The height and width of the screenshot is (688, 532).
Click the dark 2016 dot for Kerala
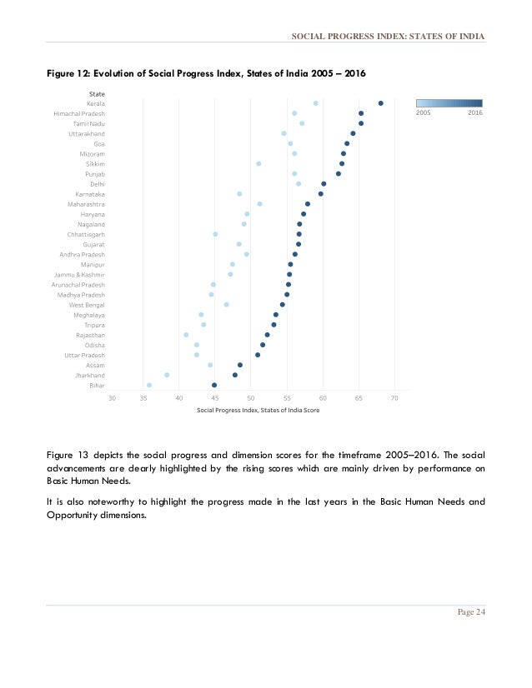click(380, 103)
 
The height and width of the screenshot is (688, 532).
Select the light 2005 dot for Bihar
click(149, 385)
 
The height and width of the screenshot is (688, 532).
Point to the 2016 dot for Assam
click(240, 365)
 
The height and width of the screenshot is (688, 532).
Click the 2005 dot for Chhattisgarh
click(215, 234)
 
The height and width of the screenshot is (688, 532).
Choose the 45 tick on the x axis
click(215, 398)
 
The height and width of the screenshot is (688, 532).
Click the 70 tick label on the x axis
click(394, 398)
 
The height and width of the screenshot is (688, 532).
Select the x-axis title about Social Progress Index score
click(258, 410)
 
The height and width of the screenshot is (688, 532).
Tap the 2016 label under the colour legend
click(474, 112)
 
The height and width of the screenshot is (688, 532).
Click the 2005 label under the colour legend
click(424, 112)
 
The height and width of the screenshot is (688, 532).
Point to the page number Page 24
click(471, 612)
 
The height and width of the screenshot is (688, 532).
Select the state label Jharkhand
click(89, 375)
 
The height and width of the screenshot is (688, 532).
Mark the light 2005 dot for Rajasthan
click(186, 335)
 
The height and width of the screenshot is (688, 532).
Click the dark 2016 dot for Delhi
click(324, 184)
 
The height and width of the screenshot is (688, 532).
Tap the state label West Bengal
click(87, 305)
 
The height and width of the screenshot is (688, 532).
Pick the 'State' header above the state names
click(97, 93)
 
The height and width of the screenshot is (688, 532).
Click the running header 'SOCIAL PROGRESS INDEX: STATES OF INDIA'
click(388, 37)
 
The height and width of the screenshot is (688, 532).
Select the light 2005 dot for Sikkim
click(258, 163)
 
